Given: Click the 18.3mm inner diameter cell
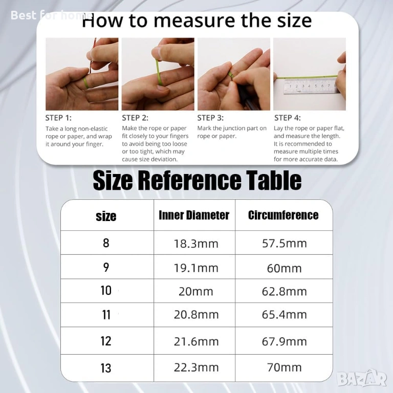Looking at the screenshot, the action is pyautogui.click(x=196, y=244).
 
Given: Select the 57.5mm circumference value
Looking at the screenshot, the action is pyautogui.click(x=285, y=244).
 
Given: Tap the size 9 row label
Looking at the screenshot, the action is pyautogui.click(x=106, y=267).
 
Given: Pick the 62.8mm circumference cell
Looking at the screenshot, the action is pyautogui.click(x=285, y=292).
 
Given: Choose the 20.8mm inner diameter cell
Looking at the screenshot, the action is pyautogui.click(x=196, y=315).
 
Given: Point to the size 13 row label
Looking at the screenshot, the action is pyautogui.click(x=106, y=368).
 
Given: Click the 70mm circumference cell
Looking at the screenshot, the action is pyautogui.click(x=285, y=367).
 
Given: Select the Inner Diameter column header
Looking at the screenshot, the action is pyautogui.click(x=194, y=215).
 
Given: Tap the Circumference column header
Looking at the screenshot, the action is pyautogui.click(x=283, y=215).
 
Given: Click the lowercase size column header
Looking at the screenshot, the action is pyautogui.click(x=106, y=216).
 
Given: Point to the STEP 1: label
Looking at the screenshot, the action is pyautogui.click(x=58, y=118).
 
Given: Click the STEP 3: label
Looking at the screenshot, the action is pyautogui.click(x=210, y=118).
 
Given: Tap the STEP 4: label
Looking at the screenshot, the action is pyautogui.click(x=288, y=118).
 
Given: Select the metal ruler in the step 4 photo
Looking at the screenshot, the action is pyautogui.click(x=311, y=86).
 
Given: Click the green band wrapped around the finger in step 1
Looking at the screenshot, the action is pyautogui.click(x=86, y=83).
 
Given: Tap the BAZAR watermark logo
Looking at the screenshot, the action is pyautogui.click(x=362, y=378).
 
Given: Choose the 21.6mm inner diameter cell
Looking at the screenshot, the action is pyautogui.click(x=196, y=342).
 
